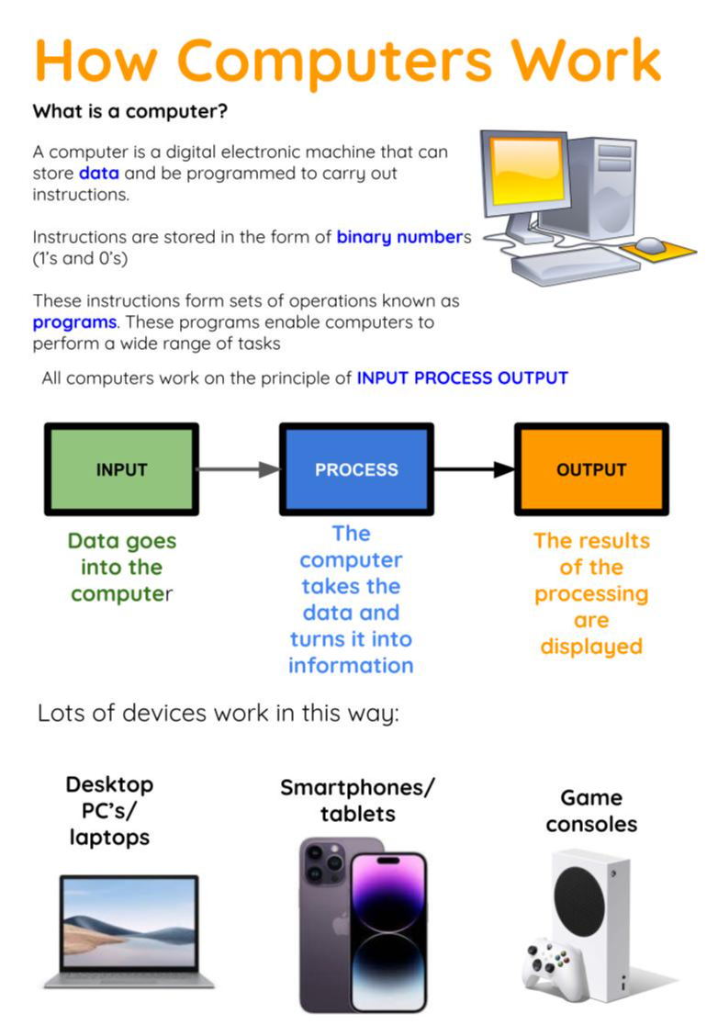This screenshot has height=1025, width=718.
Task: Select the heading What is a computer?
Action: [130, 112]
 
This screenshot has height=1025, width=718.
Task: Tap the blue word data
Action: [98, 173]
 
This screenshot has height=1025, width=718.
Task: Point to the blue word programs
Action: [74, 322]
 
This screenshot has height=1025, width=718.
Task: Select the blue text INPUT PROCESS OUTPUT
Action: [462, 378]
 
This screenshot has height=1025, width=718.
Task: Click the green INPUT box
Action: [121, 469]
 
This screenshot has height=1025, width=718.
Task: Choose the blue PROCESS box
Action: [356, 469]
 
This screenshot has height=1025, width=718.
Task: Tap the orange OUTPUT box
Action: [591, 469]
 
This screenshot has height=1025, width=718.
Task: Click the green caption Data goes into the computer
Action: [121, 568]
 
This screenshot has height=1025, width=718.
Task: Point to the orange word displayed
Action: [590, 647]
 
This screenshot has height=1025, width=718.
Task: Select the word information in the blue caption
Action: [351, 665]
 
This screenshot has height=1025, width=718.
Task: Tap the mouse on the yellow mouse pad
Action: [650, 244]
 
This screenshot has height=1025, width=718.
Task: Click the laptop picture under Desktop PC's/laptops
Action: [129, 929]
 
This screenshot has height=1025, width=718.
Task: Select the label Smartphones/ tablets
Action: [357, 800]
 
